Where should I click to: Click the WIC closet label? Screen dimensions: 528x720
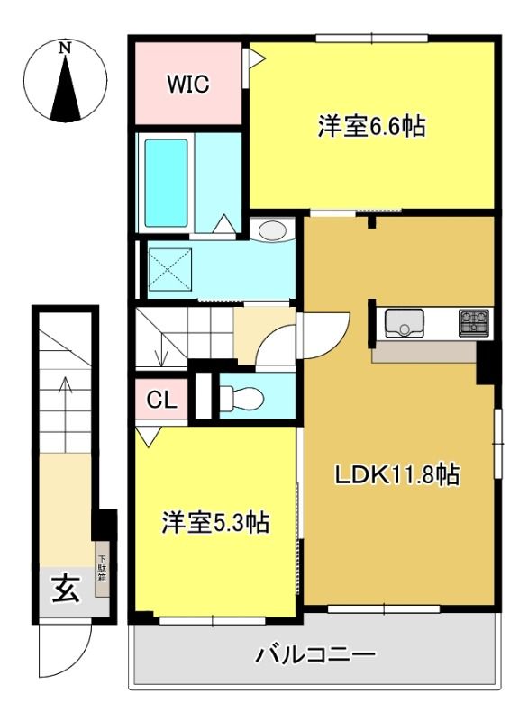click(x=188, y=84)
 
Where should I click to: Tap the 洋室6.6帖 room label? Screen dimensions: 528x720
click(x=372, y=126)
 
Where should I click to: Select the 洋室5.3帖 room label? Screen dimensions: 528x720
click(x=215, y=522)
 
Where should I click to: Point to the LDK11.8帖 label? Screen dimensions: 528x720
click(x=397, y=475)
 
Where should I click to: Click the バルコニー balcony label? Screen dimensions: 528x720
click(x=315, y=654)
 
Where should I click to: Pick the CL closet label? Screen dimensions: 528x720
click(x=162, y=400)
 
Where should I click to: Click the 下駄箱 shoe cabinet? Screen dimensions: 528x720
click(x=102, y=570)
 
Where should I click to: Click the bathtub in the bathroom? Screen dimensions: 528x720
click(x=166, y=184)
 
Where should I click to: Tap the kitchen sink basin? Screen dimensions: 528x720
click(x=404, y=323)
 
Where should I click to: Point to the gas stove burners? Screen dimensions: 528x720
click(x=473, y=323)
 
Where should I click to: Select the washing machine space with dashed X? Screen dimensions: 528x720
click(x=169, y=269)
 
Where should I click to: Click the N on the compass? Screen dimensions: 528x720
click(x=66, y=48)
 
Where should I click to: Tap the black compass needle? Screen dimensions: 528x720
click(x=66, y=87)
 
